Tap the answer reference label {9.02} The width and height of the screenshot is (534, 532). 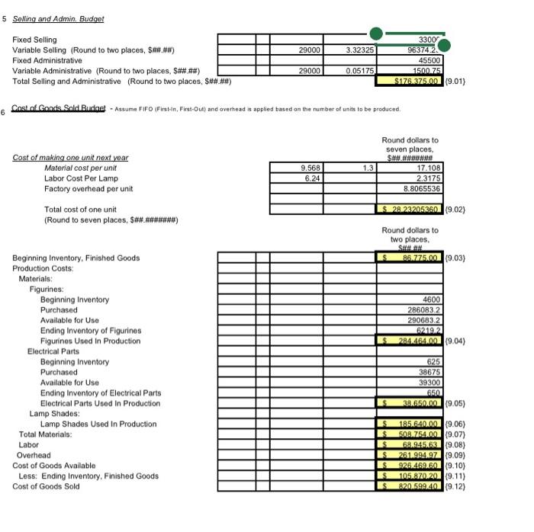coord(453,209)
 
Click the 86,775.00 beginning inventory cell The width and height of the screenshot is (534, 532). coord(408,258)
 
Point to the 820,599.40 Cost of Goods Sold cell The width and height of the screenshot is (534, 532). coord(408,486)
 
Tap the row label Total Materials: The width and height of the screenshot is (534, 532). coord(44,434)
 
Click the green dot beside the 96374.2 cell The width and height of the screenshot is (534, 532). coord(443,46)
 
